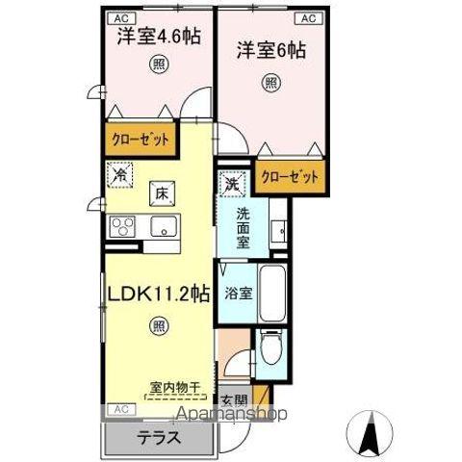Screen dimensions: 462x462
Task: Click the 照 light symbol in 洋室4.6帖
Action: coord(155,65)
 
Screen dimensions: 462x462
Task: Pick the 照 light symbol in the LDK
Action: coord(158,327)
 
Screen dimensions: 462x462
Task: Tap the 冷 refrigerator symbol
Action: coord(121,176)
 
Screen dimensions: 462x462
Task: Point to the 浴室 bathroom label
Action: coord(239,293)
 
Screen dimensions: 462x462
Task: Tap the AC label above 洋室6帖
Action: coord(310,18)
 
